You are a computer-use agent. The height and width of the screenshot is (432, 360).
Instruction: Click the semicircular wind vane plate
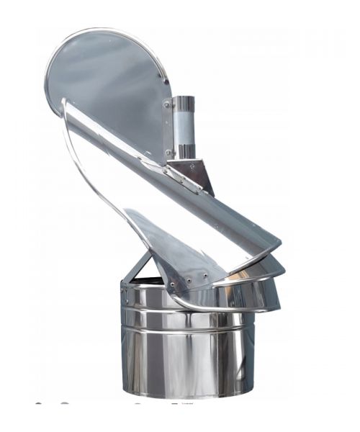point(108,79)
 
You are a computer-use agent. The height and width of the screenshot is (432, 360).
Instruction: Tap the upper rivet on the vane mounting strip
point(166,105)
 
